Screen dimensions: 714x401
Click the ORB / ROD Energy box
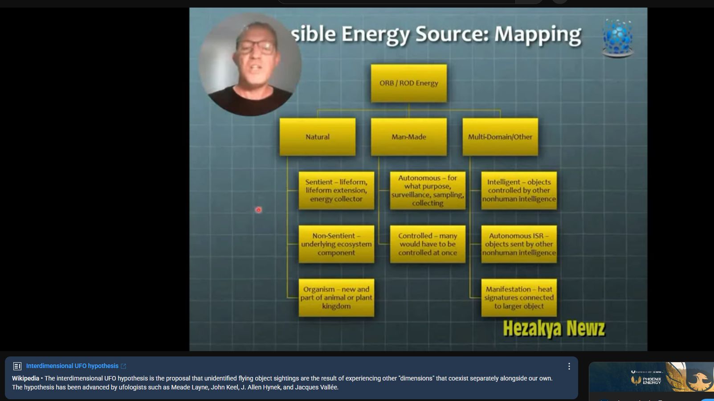point(408,83)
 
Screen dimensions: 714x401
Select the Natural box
point(318,137)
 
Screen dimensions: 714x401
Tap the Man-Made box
point(408,137)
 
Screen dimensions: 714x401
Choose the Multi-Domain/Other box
point(500,137)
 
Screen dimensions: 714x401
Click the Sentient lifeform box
point(336,190)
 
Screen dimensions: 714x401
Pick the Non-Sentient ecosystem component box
point(336,244)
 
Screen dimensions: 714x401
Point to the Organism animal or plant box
point(336,298)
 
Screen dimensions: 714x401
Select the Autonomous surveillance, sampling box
point(428,190)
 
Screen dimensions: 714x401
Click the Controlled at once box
point(428,244)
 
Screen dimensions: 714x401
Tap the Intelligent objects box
point(519,190)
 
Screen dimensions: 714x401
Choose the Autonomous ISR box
point(519,244)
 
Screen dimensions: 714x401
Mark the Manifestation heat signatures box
point(519,298)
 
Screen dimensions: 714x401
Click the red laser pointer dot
point(258,210)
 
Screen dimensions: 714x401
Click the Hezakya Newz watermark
point(554,328)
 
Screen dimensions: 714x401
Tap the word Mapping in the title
point(538,35)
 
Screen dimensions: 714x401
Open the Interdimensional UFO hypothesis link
point(72,366)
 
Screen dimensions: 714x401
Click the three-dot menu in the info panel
point(569,366)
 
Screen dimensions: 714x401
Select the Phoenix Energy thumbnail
point(651,377)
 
